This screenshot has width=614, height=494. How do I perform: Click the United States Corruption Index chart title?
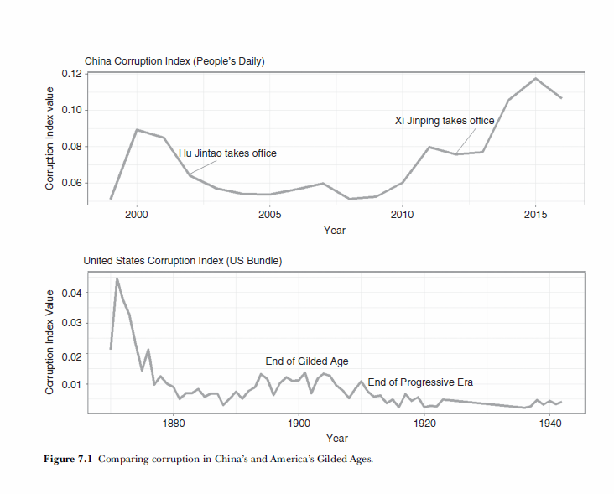point(182,261)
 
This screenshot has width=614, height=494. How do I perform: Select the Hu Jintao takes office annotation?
point(227,153)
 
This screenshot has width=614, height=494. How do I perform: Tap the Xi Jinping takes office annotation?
point(445,121)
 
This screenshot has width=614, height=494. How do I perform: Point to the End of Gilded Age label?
point(306,361)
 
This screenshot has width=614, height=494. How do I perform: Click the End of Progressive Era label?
point(420,382)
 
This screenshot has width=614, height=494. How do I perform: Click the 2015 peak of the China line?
point(535,79)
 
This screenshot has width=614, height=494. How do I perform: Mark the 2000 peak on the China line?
point(137,130)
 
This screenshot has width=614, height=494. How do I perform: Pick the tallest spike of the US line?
point(117,278)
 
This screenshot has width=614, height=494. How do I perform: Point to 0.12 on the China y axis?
point(70,74)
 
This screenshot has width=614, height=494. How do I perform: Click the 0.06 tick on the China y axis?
point(70,183)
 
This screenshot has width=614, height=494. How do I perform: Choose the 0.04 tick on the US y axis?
point(70,293)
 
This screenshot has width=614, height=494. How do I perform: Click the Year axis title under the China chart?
point(335,231)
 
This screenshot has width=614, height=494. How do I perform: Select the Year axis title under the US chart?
point(337,438)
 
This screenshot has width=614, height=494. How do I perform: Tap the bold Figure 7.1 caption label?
point(68,459)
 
